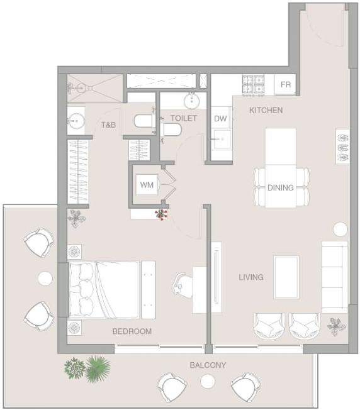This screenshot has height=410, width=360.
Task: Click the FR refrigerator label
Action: pos(286,84)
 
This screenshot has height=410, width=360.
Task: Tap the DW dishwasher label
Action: pos(220,118)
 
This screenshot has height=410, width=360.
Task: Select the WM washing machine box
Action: pos(147,185)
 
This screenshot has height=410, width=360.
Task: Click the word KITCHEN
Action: pos(266,110)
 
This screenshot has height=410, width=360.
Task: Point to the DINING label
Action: pos(281,187)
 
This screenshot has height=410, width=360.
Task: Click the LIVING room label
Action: pos(251,277)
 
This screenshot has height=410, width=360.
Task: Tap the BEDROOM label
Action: pos(132,331)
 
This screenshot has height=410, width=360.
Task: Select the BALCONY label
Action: pos(208,365)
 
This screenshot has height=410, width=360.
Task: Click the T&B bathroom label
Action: pos(108,125)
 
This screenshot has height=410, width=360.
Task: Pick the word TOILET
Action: pos(184,118)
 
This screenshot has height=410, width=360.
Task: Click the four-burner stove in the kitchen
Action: pos(253,85)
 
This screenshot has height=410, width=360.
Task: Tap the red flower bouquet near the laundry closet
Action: pos(161,214)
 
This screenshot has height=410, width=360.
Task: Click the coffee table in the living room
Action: pos(286,277)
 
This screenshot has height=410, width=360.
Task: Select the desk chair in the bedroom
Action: pos(182,285)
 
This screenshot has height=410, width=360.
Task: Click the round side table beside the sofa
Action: pos(340,230)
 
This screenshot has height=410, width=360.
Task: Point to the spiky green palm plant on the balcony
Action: pos(98,368)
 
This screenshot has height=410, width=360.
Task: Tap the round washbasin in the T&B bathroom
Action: pos(76,121)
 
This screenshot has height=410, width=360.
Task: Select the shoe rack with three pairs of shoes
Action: pos(343,147)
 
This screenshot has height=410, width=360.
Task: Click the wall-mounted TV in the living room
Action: pos(216,277)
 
